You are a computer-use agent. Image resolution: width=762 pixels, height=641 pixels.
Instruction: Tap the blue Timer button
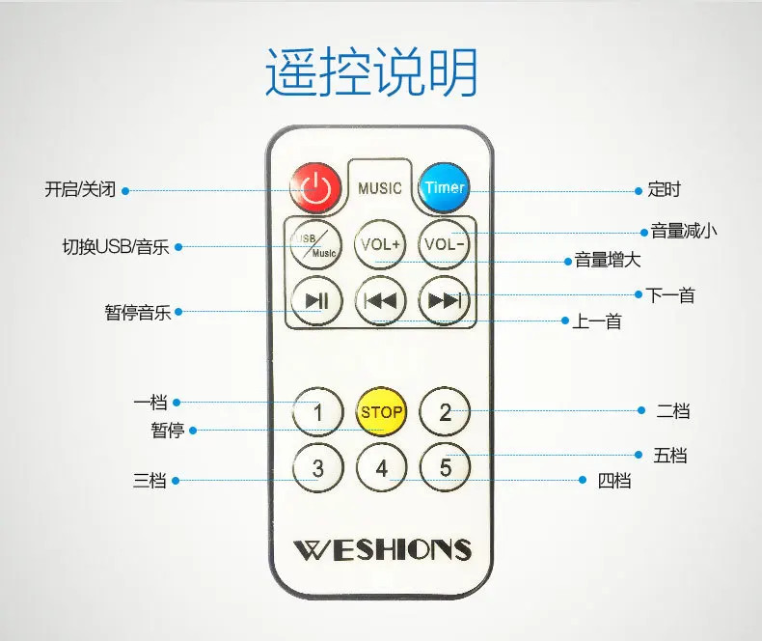[444, 187]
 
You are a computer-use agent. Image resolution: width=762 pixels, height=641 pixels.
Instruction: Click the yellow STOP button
[381, 412]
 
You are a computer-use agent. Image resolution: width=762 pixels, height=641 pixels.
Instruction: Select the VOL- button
[444, 244]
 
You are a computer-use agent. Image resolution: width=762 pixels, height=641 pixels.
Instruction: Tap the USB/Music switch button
[315, 244]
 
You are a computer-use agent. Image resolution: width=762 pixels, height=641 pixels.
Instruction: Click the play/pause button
[316, 300]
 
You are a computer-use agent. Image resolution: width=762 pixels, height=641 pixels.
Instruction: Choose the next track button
[444, 300]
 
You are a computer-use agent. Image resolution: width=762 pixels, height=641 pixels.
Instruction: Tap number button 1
[318, 412]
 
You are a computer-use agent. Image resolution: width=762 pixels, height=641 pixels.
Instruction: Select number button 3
[318, 468]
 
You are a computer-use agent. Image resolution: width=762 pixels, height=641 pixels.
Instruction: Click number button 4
[382, 468]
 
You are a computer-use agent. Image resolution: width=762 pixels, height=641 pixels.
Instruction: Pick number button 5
[446, 467]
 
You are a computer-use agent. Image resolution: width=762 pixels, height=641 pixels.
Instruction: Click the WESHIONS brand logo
[383, 549]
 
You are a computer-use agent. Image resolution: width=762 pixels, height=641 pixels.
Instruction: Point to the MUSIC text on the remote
[380, 188]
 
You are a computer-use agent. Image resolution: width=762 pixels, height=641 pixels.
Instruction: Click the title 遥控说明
[371, 71]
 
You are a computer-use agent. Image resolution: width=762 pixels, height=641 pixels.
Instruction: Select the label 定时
[665, 189]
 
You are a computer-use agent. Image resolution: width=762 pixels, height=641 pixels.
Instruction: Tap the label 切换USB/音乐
[116, 247]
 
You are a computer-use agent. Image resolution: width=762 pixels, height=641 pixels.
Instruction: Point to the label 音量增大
[608, 261]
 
